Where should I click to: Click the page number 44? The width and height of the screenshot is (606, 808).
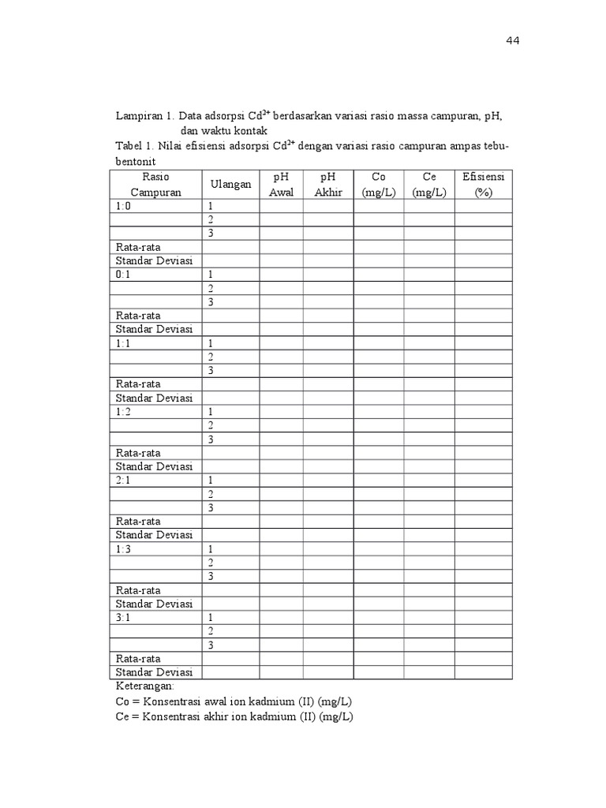tap(512, 41)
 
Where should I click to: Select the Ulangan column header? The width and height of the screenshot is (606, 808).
tap(230, 184)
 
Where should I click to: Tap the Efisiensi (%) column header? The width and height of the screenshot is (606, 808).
tap(484, 184)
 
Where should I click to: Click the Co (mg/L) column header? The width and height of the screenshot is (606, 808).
tap(378, 184)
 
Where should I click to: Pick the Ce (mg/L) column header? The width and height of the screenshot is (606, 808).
tap(429, 184)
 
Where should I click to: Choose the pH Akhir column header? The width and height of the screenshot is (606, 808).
tap(328, 184)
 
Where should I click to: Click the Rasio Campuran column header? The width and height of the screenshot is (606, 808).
tap(156, 184)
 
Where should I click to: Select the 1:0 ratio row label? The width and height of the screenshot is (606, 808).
tap(124, 206)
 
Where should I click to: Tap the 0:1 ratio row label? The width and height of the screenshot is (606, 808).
tap(124, 275)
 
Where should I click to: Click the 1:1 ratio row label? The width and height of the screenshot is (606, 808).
tap(124, 343)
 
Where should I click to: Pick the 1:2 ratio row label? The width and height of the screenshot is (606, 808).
tap(124, 412)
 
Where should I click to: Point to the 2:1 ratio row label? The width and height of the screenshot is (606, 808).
tap(124, 480)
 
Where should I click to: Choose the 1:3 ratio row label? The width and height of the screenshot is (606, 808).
tap(124, 548)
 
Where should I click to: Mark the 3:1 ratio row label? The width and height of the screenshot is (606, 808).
tap(124, 617)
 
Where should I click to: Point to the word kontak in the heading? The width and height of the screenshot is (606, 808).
tap(252, 130)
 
